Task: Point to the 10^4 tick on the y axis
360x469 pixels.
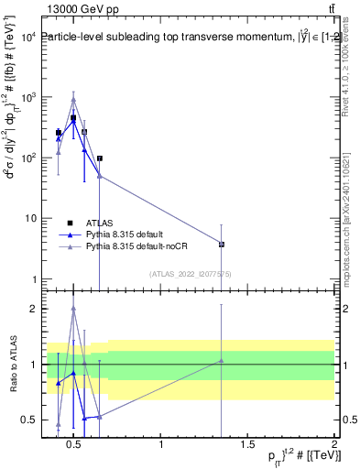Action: point(27,37)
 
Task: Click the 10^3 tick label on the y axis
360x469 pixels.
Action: point(27,97)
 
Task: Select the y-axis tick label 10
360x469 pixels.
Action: point(29,218)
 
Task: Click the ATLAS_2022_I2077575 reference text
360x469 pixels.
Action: point(191,274)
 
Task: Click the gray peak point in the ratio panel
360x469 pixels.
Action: point(73,309)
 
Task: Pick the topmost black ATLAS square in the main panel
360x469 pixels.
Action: point(73,118)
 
